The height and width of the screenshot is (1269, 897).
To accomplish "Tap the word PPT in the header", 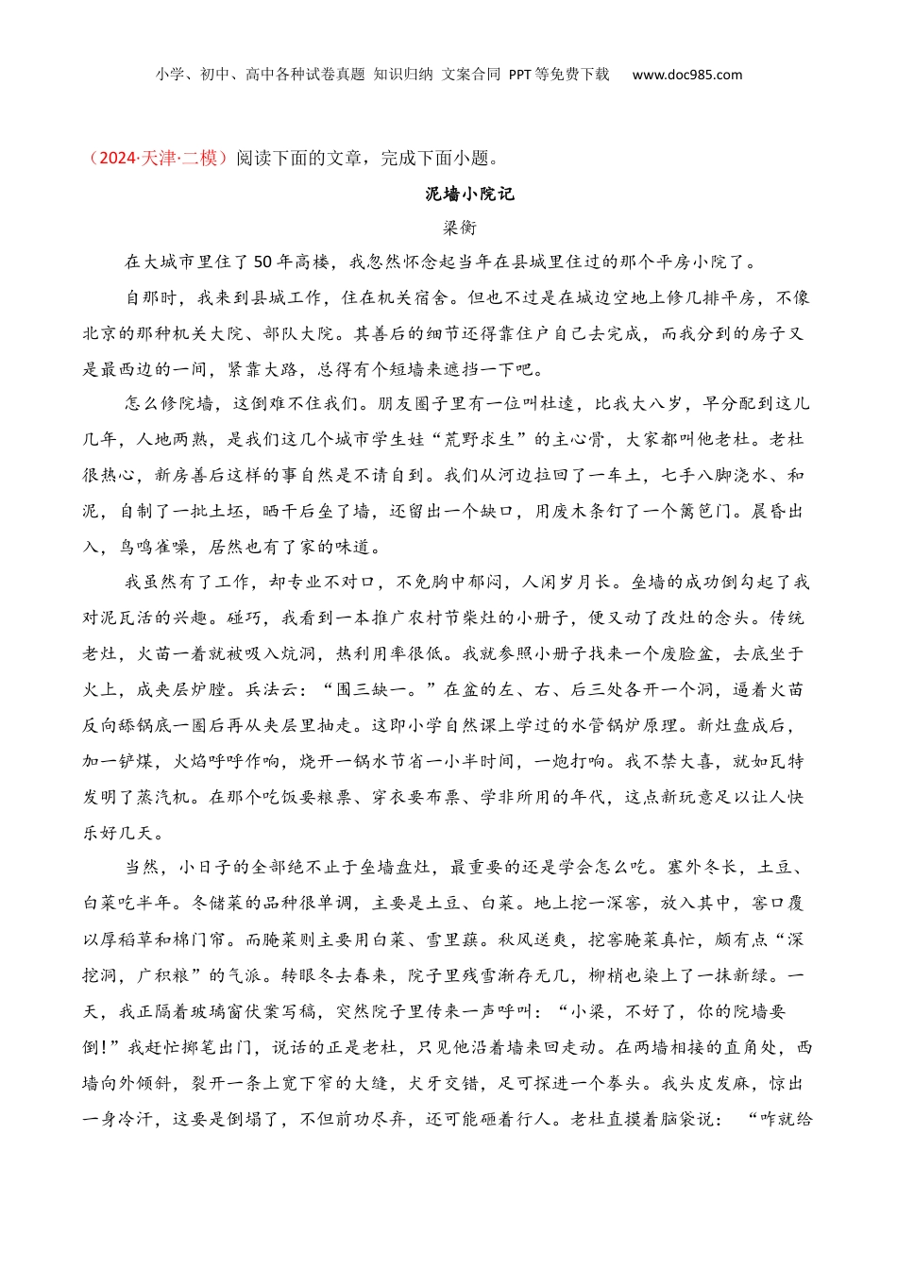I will (519, 75).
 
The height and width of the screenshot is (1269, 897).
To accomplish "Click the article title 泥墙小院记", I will (469, 195).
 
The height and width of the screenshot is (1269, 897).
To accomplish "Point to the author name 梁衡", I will (460, 228).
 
